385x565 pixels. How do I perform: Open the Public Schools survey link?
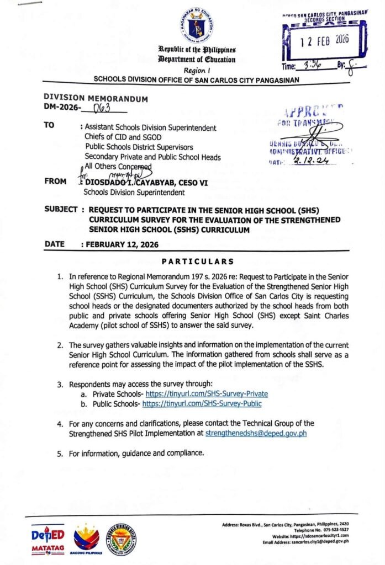pyautogui.click(x=202, y=403)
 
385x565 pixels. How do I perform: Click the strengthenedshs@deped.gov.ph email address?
pyautogui.click(x=256, y=433)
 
